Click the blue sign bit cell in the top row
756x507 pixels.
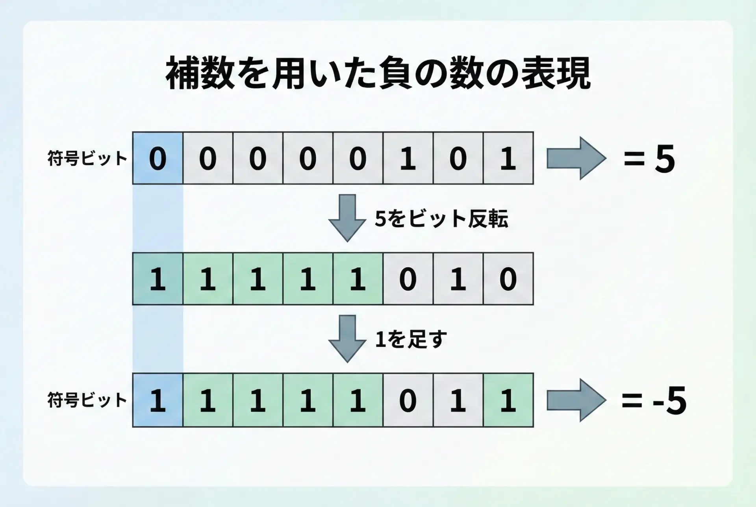pos(157,158)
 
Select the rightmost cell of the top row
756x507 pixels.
pos(508,158)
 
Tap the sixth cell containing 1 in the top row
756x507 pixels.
pos(408,158)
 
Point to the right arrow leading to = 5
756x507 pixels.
pos(576,158)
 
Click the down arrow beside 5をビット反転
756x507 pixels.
pos(347,218)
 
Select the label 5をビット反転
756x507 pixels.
pos(441,219)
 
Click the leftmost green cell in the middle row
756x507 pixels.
pos(157,279)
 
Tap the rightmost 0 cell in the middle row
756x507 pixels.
pos(508,279)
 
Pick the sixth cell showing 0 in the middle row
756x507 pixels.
pos(408,279)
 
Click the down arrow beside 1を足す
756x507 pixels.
pos(347,339)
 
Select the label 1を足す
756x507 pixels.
pos(411,339)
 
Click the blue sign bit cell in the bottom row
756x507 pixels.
pos(157,400)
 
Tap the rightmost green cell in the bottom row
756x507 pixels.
pos(508,400)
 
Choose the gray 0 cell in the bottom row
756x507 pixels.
pos(408,400)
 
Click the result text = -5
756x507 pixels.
pos(654,401)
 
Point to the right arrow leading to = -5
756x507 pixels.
pos(576,400)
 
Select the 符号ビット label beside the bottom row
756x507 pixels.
pos(87,400)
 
